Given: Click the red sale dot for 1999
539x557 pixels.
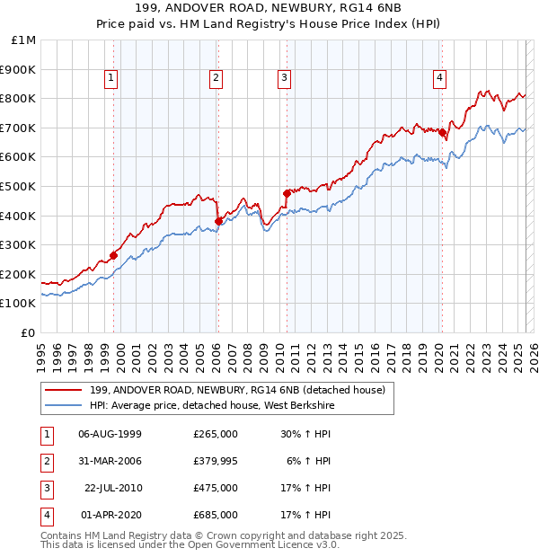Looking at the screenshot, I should [x=114, y=255].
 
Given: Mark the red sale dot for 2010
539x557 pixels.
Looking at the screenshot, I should [x=287, y=193].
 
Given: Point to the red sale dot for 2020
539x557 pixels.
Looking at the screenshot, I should [x=442, y=132].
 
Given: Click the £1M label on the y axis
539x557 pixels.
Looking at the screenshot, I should [x=24, y=40].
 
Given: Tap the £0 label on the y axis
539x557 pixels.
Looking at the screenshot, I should [x=29, y=332].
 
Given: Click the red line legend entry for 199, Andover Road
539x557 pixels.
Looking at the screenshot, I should [x=237, y=390].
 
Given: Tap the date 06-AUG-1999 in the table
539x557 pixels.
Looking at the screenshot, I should [x=110, y=434].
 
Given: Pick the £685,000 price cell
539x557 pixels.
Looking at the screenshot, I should [x=216, y=515].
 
